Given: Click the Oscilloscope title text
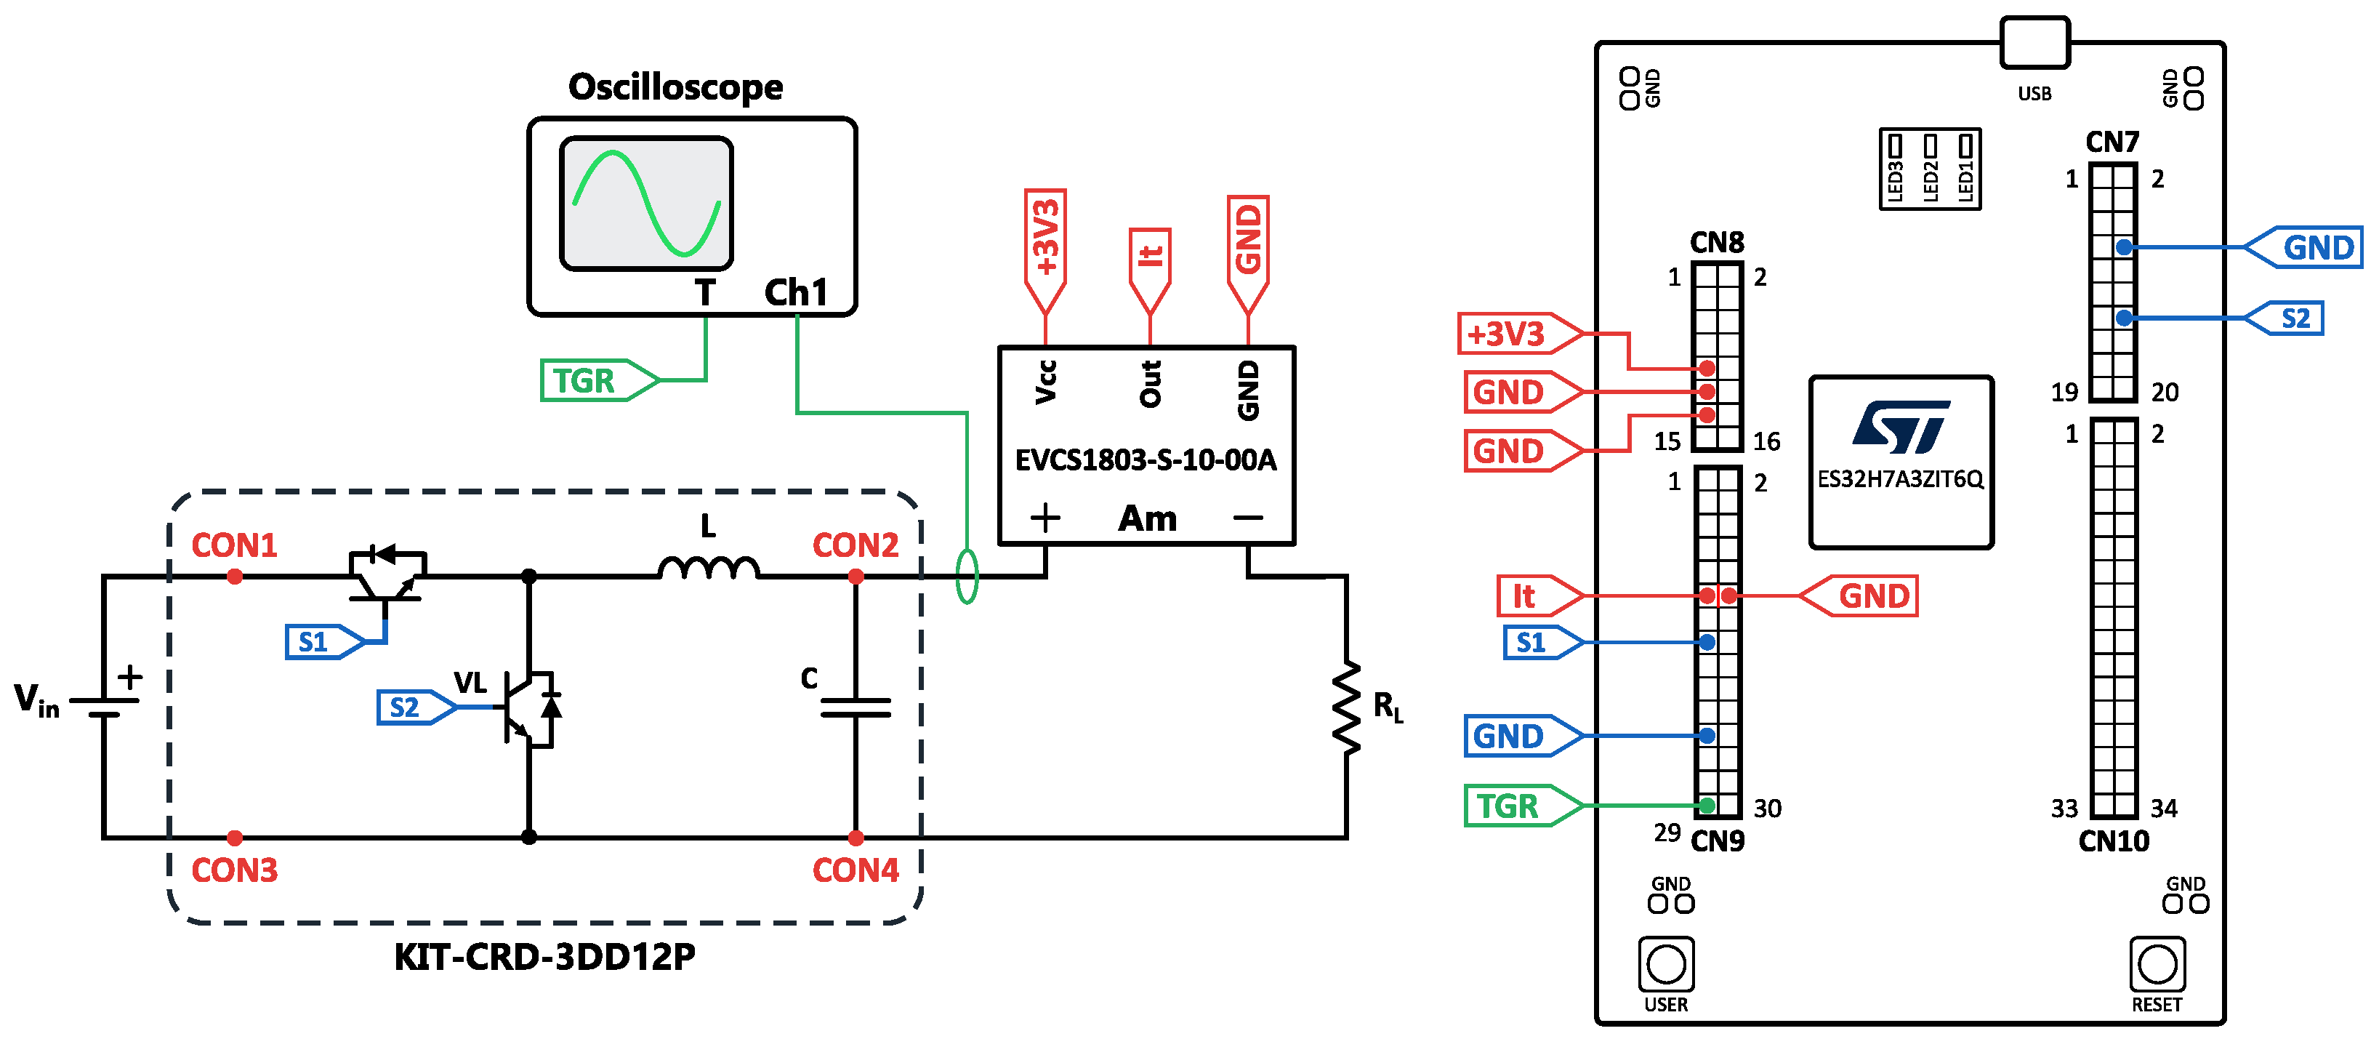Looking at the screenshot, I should [675, 87].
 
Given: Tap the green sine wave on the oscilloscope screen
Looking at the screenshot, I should [645, 204].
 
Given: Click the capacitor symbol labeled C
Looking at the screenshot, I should [856, 708].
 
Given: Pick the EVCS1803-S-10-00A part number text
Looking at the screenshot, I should [1146, 460].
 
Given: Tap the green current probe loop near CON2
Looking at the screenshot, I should [967, 577].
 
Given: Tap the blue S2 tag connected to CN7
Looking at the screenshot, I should [2288, 318].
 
